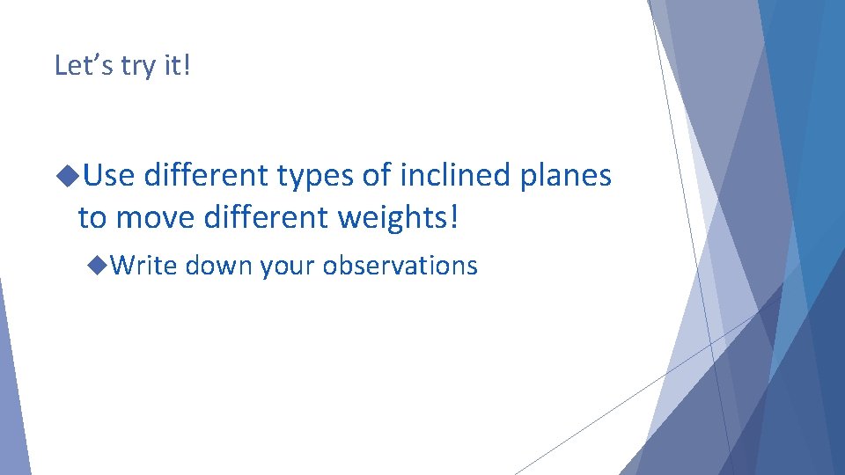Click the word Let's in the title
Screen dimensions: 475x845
(x=83, y=65)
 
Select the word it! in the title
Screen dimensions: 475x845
(x=174, y=65)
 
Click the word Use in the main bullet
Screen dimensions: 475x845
(x=109, y=176)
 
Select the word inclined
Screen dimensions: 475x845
(x=455, y=176)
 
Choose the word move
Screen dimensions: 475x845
(x=156, y=216)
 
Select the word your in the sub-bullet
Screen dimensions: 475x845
(x=287, y=267)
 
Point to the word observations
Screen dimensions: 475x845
(x=400, y=265)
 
